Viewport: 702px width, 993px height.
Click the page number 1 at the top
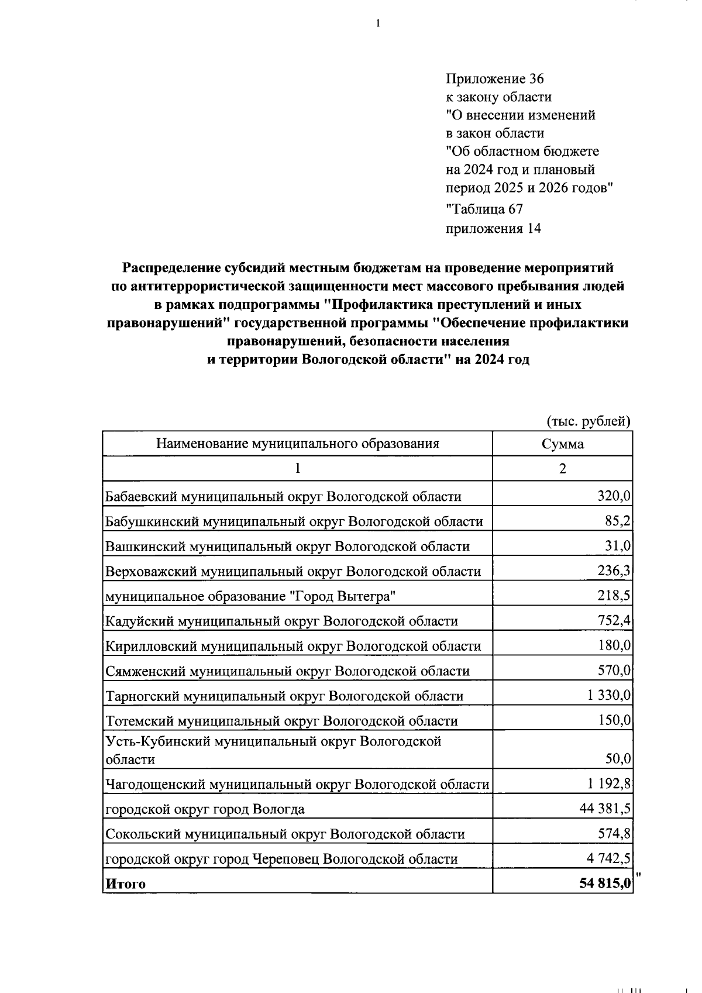378,24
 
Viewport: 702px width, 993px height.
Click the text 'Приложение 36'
495,78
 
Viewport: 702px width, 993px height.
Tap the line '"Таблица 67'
484,209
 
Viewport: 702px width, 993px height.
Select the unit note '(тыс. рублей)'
589,421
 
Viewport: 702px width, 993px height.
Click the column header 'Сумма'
562,444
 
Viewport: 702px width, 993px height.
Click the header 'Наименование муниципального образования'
297,444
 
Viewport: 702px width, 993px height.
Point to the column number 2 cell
562,469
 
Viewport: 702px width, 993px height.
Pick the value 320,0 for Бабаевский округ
614,496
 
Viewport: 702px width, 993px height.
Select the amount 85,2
618,521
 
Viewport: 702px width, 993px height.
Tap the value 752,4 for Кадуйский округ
614,620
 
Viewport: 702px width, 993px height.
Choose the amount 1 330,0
609,695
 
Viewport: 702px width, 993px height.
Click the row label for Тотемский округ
281,721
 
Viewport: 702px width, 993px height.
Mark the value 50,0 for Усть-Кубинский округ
618,759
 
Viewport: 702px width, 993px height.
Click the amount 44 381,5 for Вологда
605,809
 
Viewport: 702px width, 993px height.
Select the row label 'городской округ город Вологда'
205,809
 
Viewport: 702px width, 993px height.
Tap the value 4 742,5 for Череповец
608,858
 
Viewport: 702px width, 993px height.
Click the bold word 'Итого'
125,884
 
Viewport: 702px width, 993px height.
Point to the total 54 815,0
605,884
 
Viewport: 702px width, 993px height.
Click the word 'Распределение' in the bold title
171,268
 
